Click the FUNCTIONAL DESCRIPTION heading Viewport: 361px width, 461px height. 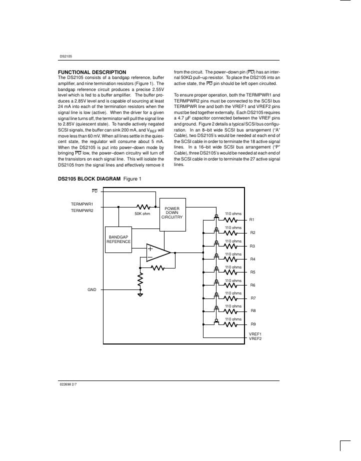pyautogui.click(x=92, y=72)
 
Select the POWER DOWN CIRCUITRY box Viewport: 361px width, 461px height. pyautogui.click(x=172, y=213)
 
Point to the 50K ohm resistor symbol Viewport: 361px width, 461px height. pyautogui.click(x=142, y=206)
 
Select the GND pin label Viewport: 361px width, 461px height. pyautogui.click(x=92, y=289)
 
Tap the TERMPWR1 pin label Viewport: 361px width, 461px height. pyautogui.click(x=82, y=204)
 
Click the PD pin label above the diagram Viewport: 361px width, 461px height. pyautogui.click(x=95, y=191)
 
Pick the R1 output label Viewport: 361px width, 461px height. pyautogui.click(x=252, y=220)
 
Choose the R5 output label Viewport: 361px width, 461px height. pyautogui.click(x=252, y=272)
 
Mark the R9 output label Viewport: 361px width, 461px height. pyautogui.click(x=252, y=324)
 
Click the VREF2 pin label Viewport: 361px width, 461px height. pyautogui.click(x=255, y=338)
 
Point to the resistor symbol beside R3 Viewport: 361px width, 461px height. pyautogui.click(x=231, y=245)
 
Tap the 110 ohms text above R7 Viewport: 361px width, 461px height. pyautogui.click(x=233, y=293)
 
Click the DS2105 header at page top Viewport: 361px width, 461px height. pyautogui.click(x=65, y=56)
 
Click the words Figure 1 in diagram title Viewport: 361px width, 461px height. pyautogui.click(x=132, y=179)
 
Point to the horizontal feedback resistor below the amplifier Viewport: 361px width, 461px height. pyautogui.click(x=157, y=268)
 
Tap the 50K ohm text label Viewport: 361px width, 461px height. pyautogui.click(x=142, y=214)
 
